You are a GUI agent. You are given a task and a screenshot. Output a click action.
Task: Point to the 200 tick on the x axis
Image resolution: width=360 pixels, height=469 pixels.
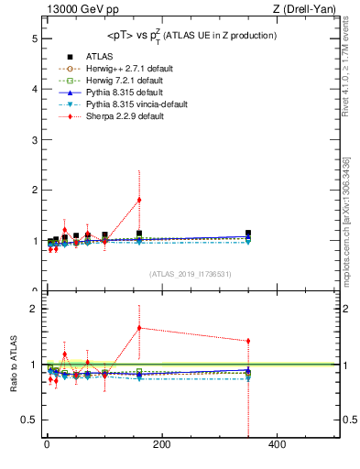(x=161, y=445)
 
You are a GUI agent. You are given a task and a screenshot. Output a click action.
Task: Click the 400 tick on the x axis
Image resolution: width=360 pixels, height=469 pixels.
(x=277, y=445)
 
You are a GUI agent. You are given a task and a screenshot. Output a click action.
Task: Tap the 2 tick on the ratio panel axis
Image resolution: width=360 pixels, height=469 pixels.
(x=33, y=309)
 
